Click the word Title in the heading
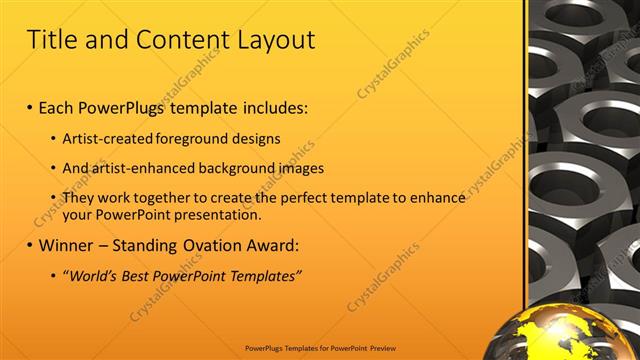click(52, 40)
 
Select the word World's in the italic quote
click(94, 275)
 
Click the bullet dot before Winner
click(30, 245)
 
